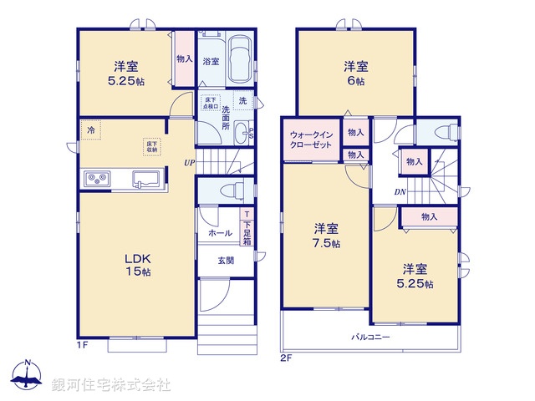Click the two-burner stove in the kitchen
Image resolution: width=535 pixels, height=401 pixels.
(x=95, y=178)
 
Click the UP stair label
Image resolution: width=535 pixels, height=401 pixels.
(x=190, y=163)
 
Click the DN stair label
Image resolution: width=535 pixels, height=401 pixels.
(x=401, y=191)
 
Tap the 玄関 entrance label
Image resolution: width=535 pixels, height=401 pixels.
(x=226, y=261)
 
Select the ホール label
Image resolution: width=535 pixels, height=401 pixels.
(x=221, y=233)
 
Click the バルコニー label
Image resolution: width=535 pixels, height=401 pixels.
(x=370, y=337)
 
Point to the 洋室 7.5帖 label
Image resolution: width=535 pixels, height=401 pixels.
(x=326, y=236)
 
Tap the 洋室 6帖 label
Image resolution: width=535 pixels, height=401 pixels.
(x=355, y=74)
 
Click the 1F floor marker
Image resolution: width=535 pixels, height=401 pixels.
(x=81, y=343)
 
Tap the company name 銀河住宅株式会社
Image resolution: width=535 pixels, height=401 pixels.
(x=111, y=384)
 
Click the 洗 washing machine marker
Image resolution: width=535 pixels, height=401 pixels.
(x=242, y=101)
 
